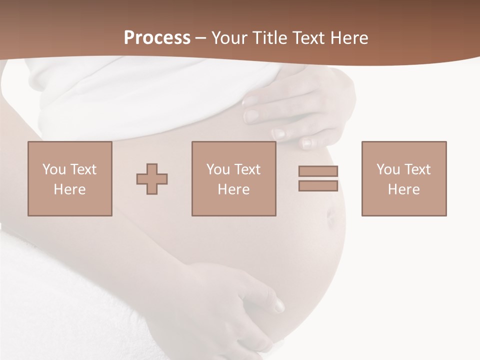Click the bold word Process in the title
click(x=157, y=38)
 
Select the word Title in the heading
click(x=270, y=38)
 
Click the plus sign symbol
click(x=152, y=178)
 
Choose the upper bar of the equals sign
click(x=318, y=171)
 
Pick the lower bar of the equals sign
click(x=318, y=185)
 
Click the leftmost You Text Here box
click(x=70, y=178)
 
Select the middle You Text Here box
click(x=234, y=178)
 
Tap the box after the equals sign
click(x=404, y=178)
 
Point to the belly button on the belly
click(x=330, y=218)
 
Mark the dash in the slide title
click(x=201, y=38)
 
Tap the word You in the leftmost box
click(x=54, y=169)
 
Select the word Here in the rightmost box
click(x=404, y=189)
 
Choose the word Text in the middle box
click(x=247, y=169)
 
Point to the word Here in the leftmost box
click(x=70, y=189)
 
